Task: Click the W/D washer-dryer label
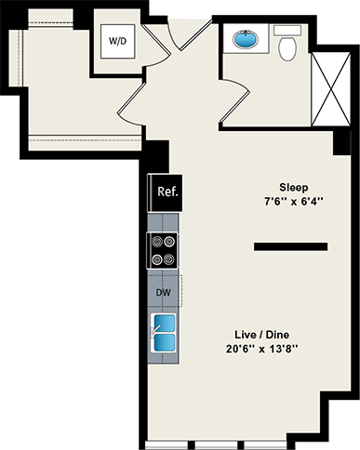120,42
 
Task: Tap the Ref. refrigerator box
167,193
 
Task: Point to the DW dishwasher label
163,293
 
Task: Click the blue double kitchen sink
164,335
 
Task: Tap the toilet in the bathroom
288,46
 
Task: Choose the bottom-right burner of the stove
170,258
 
